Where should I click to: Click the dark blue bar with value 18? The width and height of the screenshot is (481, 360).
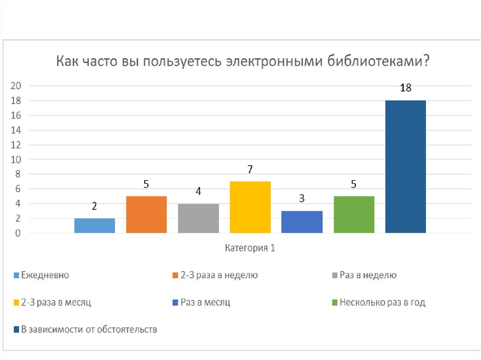405,167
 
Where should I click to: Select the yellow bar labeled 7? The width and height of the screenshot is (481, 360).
250,207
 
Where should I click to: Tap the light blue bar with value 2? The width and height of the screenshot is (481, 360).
94,225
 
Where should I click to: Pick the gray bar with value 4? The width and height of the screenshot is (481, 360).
198,218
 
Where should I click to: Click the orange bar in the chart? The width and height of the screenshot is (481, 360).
146,214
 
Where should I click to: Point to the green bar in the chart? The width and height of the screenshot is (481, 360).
354,214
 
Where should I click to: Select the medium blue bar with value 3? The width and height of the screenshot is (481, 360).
302,222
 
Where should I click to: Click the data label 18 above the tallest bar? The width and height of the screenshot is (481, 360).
406,88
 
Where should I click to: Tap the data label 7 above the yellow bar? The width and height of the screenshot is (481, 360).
250,169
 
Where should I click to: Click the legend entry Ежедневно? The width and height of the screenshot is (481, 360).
45,276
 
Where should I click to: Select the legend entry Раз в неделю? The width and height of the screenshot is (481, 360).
368,276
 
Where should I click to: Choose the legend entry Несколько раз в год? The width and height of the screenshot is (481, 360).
382,303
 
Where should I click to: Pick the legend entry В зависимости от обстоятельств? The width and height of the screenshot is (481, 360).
89,329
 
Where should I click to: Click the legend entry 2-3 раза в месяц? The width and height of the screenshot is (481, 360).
56,303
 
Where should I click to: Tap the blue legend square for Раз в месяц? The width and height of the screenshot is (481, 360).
176,303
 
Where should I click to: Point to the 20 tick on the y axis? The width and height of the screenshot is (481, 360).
16,86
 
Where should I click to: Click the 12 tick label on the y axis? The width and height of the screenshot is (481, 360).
16,145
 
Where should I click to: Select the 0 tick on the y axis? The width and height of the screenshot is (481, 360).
18,233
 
